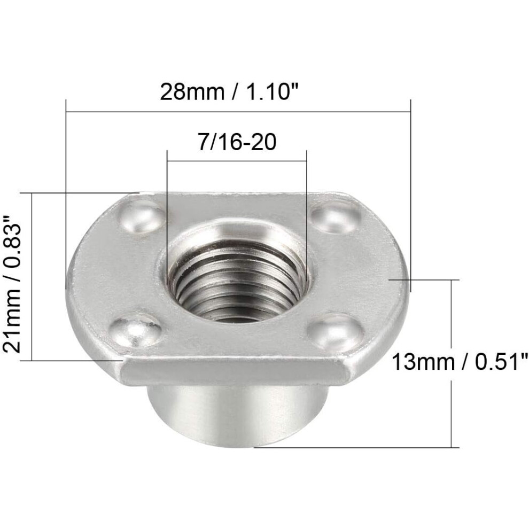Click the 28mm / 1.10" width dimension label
click(x=229, y=91)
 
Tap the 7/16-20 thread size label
click(x=237, y=142)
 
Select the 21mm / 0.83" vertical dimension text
click(x=12, y=284)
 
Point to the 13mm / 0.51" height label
click(x=460, y=362)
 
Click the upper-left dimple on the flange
click(x=142, y=217)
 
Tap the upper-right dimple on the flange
click(x=336, y=216)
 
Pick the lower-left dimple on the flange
click(x=136, y=331)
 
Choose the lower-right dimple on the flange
click(x=336, y=332)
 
